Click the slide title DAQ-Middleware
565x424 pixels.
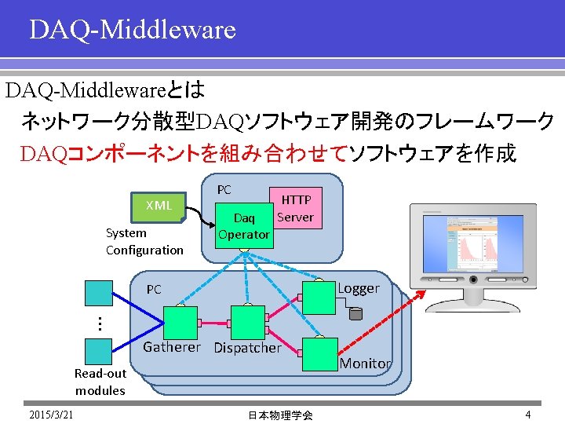tap(132, 30)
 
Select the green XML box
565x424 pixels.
tap(159, 206)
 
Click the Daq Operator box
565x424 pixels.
tap(244, 225)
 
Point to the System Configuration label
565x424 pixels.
tap(144, 242)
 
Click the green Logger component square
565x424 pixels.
tap(319, 298)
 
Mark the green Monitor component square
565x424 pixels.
tap(319, 353)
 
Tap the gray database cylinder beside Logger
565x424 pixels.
tap(355, 314)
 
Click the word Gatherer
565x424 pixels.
tap(172, 347)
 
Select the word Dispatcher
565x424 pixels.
tap(247, 348)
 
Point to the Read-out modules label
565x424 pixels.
tap(100, 382)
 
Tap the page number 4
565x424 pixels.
tap(528, 415)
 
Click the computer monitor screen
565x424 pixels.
tap(476, 250)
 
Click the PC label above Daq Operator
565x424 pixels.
tap(224, 190)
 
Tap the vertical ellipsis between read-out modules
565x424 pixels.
tap(100, 322)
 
